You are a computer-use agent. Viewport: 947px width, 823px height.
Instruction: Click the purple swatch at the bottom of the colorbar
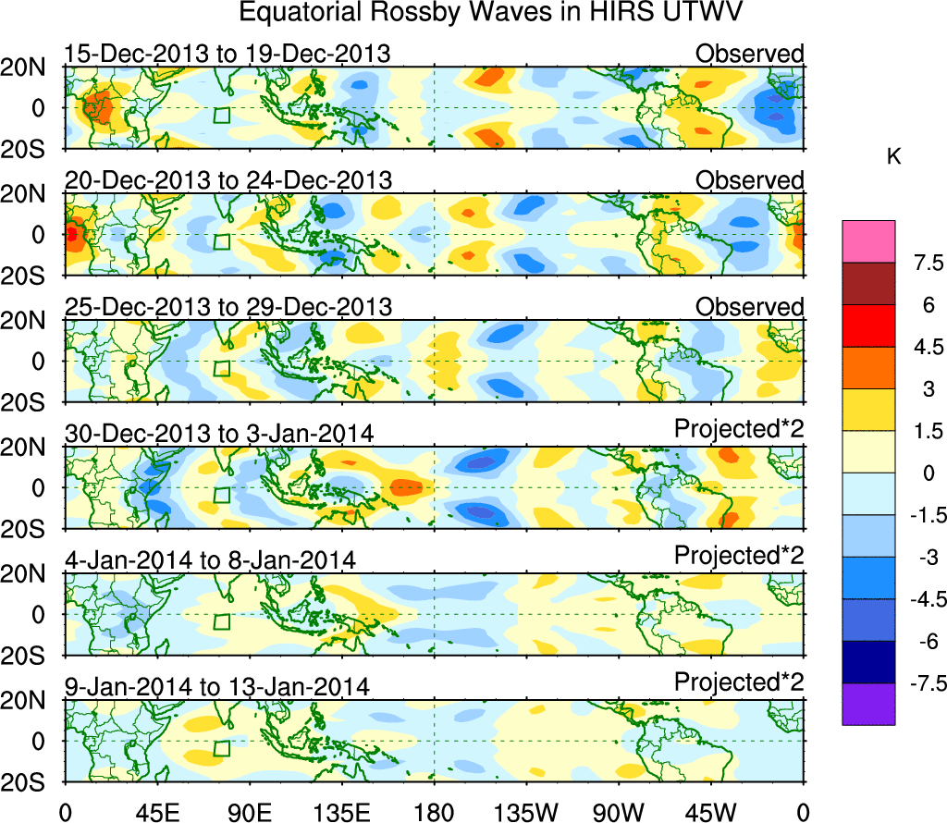tap(868, 704)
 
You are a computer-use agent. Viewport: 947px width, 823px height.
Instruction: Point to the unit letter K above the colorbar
tap(893, 157)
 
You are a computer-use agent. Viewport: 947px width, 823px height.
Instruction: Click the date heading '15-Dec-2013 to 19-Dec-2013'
tap(228, 54)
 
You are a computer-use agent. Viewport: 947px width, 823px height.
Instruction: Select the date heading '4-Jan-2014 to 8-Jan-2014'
tap(211, 559)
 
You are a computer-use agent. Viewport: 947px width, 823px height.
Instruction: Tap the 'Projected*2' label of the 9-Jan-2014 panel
tap(739, 683)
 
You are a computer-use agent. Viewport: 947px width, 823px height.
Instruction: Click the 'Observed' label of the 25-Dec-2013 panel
tap(750, 306)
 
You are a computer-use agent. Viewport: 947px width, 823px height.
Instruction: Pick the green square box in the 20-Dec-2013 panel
tap(221, 242)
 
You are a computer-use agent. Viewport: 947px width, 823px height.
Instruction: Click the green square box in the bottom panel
tap(221, 748)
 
